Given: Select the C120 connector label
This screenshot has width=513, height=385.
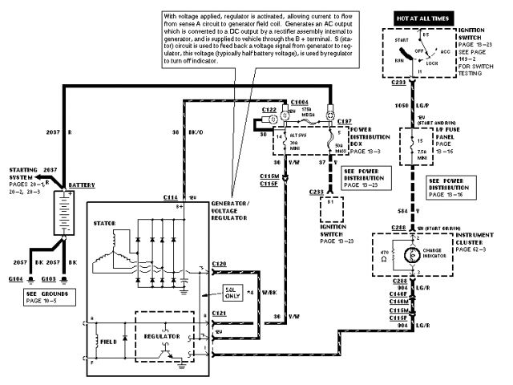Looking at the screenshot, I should click(220, 263).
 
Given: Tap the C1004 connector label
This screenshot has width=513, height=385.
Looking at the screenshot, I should click(298, 103).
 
